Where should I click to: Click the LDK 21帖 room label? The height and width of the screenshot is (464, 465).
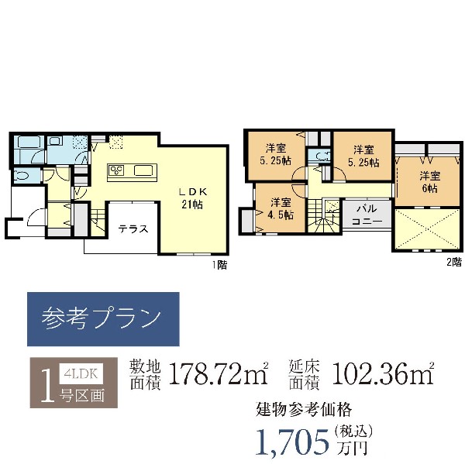(193, 198)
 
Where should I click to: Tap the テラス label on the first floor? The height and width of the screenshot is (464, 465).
(133, 229)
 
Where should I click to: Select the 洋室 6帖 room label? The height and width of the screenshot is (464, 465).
(429, 182)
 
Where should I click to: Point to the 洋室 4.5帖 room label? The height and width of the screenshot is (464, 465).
(281, 208)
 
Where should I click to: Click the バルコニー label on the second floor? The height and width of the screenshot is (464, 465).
(367, 215)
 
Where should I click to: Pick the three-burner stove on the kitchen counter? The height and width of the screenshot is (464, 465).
(117, 170)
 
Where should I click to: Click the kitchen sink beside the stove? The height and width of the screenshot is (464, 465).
(143, 170)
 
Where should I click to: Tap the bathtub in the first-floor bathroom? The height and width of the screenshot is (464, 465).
(28, 142)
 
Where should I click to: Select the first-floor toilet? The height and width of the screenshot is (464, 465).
(21, 176)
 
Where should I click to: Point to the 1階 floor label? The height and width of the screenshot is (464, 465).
(220, 265)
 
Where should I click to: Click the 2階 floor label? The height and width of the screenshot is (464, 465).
(454, 262)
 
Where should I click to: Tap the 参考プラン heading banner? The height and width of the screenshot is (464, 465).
(103, 319)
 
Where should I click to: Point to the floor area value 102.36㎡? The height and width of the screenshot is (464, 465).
(383, 374)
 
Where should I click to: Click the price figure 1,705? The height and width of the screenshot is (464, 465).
(292, 442)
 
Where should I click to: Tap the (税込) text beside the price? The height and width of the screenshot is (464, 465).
(353, 431)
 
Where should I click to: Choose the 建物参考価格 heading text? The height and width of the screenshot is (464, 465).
(304, 410)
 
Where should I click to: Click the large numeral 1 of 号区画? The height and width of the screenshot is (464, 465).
(47, 386)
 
